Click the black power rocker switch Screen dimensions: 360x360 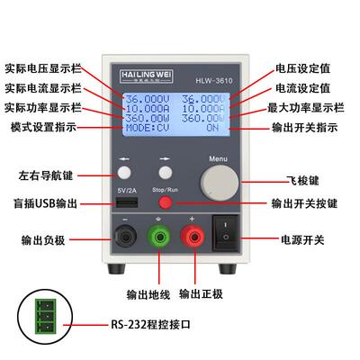coord(224,229)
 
